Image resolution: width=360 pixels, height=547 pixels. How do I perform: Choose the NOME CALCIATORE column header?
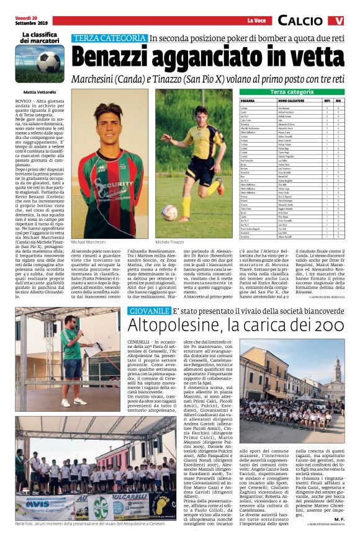click(x=290, y=100)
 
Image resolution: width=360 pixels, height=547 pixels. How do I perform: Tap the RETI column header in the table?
click(x=327, y=100)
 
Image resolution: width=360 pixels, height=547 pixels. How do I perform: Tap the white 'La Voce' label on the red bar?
click(x=256, y=20)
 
